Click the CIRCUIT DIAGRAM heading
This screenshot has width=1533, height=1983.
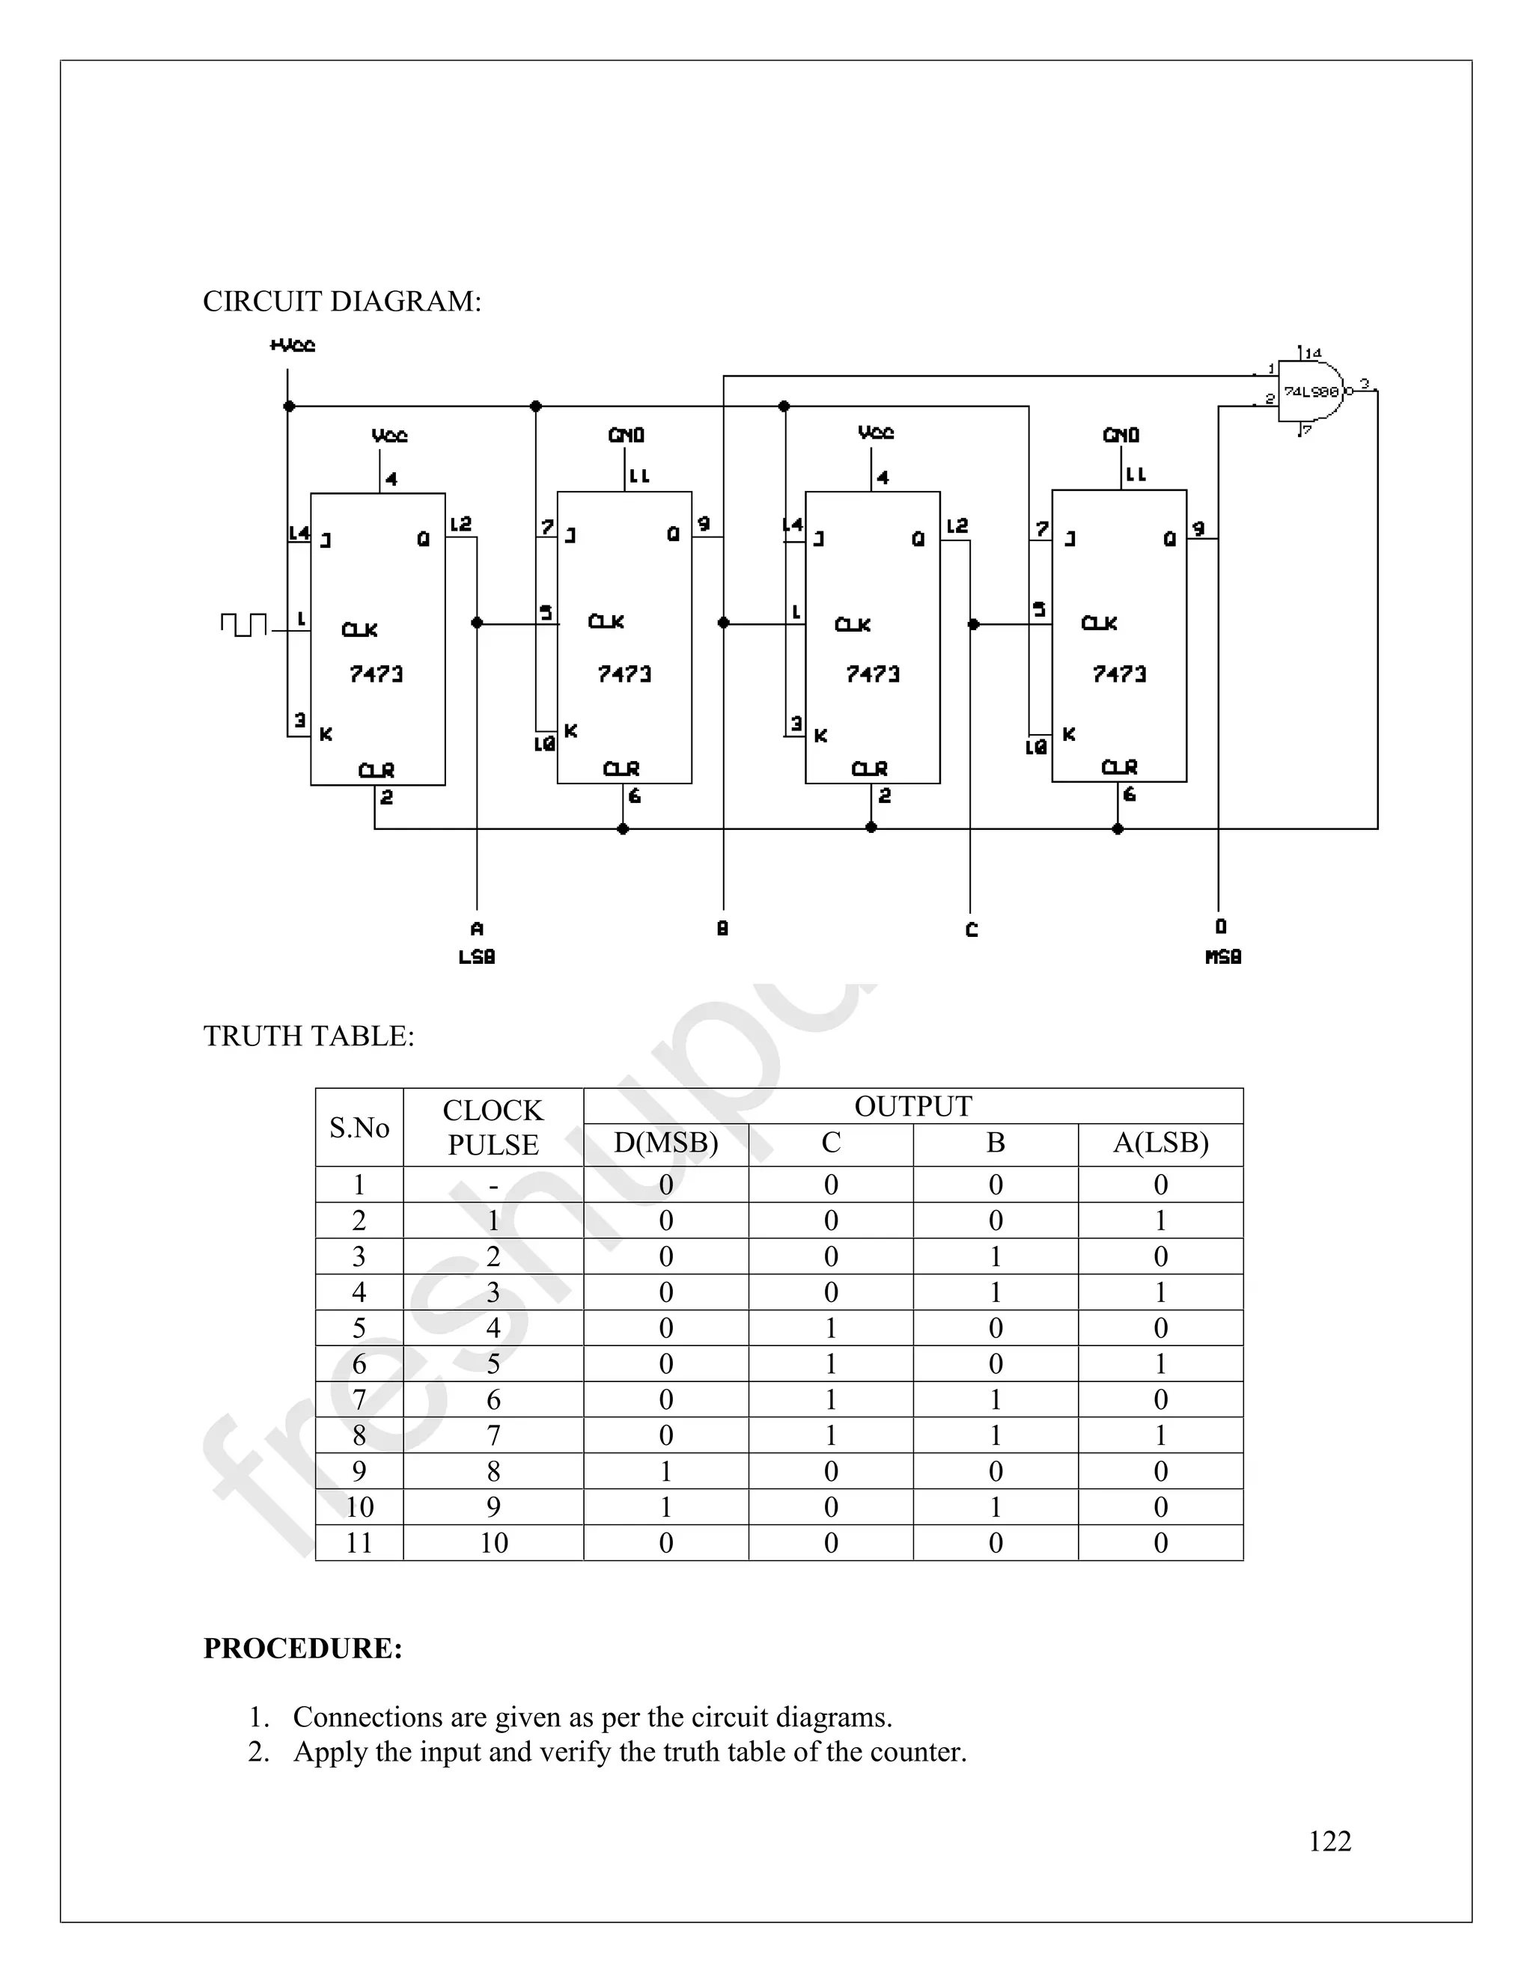coord(341,302)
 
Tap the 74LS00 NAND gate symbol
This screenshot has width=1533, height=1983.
coord(1311,391)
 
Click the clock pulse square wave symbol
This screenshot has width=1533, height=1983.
coord(243,625)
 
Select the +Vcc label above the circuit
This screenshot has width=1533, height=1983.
coord(293,345)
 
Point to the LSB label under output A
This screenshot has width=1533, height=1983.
coord(477,957)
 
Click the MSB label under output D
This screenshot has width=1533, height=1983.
coord(1222,957)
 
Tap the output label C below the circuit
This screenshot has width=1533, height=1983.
coord(972,929)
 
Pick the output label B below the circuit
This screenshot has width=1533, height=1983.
coord(723,929)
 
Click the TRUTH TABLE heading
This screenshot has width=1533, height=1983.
coord(309,1036)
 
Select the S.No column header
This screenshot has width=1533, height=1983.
coord(359,1128)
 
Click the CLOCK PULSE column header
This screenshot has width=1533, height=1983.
coord(493,1128)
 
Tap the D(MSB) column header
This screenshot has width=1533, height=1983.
coord(665,1143)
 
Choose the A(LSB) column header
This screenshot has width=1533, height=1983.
coord(1161,1143)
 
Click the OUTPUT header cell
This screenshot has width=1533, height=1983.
coord(912,1106)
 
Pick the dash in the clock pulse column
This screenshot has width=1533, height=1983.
coord(493,1185)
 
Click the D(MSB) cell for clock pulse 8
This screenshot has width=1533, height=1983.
coord(665,1471)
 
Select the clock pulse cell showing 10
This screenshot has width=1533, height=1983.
coord(493,1543)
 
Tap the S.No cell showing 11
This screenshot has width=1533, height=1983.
coord(359,1543)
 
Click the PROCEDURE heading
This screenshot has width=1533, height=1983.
coord(302,1648)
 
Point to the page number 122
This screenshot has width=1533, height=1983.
coord(1329,1841)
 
